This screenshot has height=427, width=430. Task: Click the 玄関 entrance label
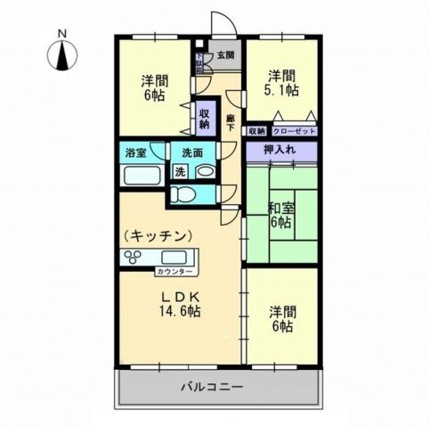tap(226, 55)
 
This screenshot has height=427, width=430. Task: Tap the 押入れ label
tap(280, 150)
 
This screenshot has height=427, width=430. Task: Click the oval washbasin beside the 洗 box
tap(205, 171)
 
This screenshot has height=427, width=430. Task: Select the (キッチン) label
tap(158, 235)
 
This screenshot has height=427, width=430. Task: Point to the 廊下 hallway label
tap(230, 124)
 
